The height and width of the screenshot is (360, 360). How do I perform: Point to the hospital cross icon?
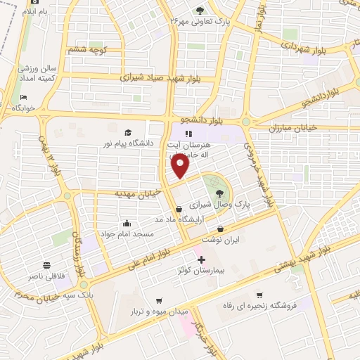pyautogui.click(x=202, y=260)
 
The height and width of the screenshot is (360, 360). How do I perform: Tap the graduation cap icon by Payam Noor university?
pyautogui.click(x=128, y=133)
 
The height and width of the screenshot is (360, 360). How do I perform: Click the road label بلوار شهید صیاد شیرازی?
pyautogui.click(x=178, y=77)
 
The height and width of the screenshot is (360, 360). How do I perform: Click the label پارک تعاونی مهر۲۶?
pyautogui.click(x=200, y=21)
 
